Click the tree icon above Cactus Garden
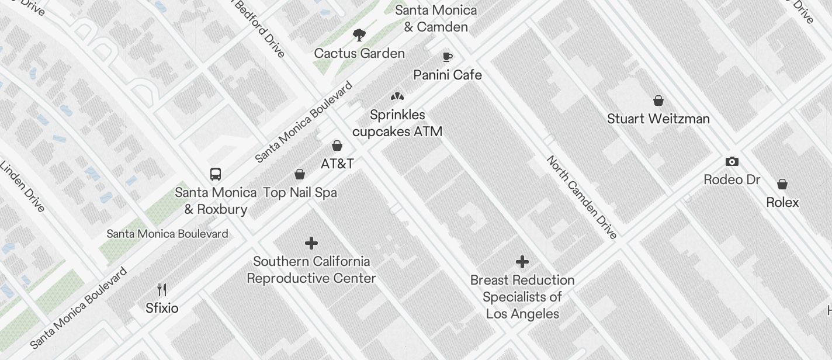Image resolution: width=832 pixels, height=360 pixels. pos(359,35)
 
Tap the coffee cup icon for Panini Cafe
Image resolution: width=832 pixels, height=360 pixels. pos(448,57)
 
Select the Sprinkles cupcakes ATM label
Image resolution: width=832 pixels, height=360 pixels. pos(397,123)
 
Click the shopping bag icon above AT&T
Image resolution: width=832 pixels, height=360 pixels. pos(337,146)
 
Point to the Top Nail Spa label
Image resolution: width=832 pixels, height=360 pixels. pos(300,192)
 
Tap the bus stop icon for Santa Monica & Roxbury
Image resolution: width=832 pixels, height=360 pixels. pos(216,174)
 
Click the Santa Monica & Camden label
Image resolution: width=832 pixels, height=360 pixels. pos(436,18)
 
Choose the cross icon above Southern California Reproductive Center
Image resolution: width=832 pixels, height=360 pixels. pos(311,243)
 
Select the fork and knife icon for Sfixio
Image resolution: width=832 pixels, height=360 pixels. pos(162,289)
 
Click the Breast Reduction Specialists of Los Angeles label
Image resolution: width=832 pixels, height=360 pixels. pos(522,297)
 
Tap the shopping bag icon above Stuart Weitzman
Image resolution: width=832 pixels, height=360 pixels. pos(658,101)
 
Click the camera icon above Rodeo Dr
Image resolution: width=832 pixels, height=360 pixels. pos(732,161)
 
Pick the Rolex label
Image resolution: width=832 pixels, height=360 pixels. pos(782,202)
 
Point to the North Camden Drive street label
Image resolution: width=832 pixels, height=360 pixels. pos(581,198)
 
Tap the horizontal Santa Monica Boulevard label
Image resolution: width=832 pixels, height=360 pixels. pos(167,234)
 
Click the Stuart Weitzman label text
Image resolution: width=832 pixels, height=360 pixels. pos(658,119)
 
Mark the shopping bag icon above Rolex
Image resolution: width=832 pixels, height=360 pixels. pos(782,185)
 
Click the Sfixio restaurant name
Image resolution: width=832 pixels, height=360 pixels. pos(162,308)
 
